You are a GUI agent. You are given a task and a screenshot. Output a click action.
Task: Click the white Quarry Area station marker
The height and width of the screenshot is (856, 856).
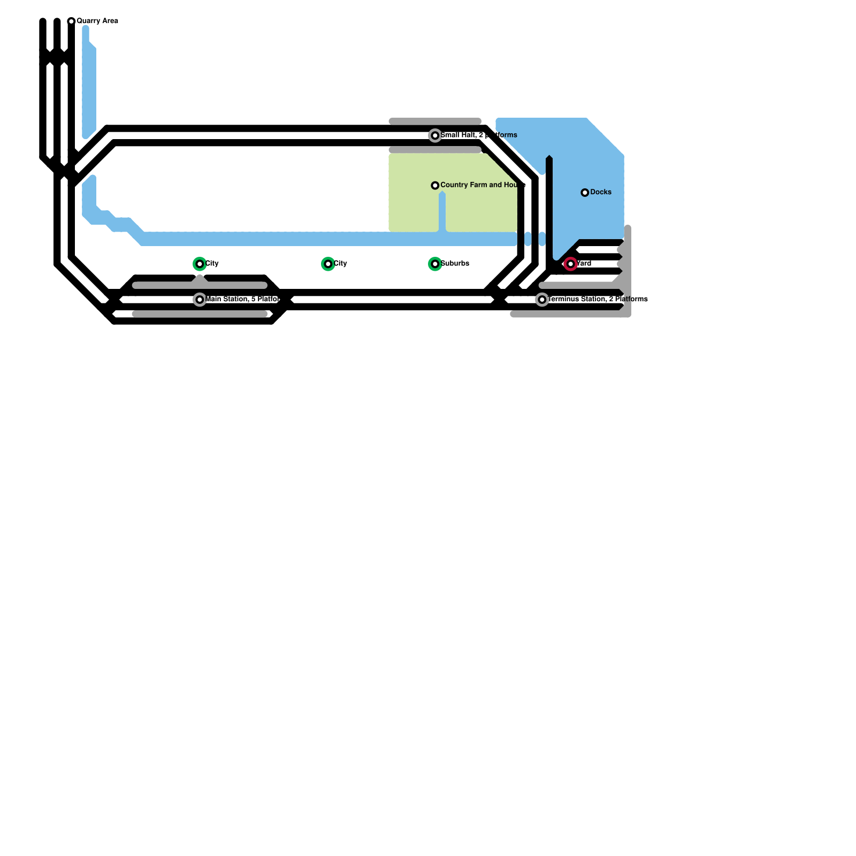71,21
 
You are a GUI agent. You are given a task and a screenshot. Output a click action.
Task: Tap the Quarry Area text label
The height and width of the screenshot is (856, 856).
97,21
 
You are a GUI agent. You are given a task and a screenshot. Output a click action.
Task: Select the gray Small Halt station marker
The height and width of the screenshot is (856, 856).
435,136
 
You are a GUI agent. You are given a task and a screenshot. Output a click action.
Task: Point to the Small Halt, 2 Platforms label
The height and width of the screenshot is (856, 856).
479,135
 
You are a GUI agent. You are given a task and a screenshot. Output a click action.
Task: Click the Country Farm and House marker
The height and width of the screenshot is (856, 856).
435,186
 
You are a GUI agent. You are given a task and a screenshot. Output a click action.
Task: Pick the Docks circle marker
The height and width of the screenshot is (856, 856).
585,193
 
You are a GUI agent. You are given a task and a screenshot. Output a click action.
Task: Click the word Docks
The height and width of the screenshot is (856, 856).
601,192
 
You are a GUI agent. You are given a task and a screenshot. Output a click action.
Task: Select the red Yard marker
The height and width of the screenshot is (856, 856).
571,264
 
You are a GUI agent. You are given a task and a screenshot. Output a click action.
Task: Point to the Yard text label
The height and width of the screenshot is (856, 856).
584,263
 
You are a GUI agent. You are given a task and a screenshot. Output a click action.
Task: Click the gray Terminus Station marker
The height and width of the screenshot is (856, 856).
542,300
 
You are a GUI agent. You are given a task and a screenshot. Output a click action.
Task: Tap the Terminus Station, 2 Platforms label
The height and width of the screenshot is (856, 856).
598,299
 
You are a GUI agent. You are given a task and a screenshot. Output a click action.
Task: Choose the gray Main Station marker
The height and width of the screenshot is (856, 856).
200,300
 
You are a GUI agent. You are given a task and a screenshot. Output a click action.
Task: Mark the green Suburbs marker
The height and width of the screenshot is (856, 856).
435,264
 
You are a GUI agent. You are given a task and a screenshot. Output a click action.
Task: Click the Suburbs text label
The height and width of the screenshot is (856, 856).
455,263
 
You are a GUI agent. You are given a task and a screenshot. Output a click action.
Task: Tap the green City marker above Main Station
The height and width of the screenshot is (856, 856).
200,264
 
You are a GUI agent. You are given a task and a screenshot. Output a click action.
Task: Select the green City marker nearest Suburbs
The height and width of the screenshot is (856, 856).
328,264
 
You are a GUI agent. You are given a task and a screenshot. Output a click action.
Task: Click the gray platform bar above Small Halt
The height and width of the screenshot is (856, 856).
435,121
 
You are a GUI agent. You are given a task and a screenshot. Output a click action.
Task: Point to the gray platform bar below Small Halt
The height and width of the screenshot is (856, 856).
435,150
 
